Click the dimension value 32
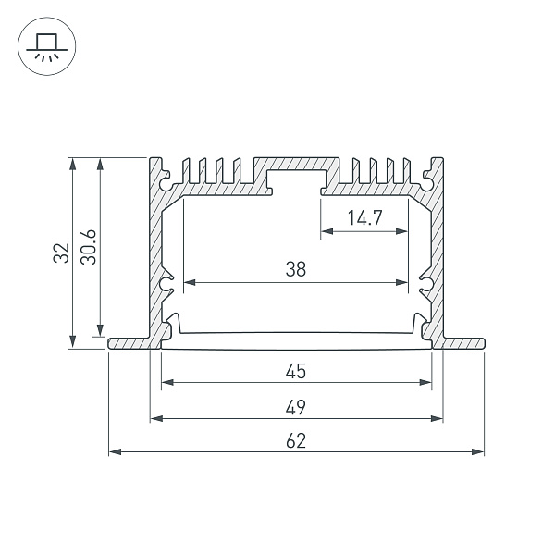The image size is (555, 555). pyautogui.click(x=61, y=253)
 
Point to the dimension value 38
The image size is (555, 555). pyautogui.click(x=296, y=269)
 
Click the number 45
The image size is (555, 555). pyautogui.click(x=296, y=372)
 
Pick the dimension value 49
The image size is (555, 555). pyautogui.click(x=296, y=407)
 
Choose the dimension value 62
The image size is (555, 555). pyautogui.click(x=296, y=441)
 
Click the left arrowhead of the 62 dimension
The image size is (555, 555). pyautogui.click(x=113, y=452)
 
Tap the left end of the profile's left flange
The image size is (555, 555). pyautogui.click(x=111, y=343)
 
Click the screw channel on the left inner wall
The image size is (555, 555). pyautogui.click(x=167, y=286)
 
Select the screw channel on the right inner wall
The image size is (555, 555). pyautogui.click(x=425, y=286)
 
